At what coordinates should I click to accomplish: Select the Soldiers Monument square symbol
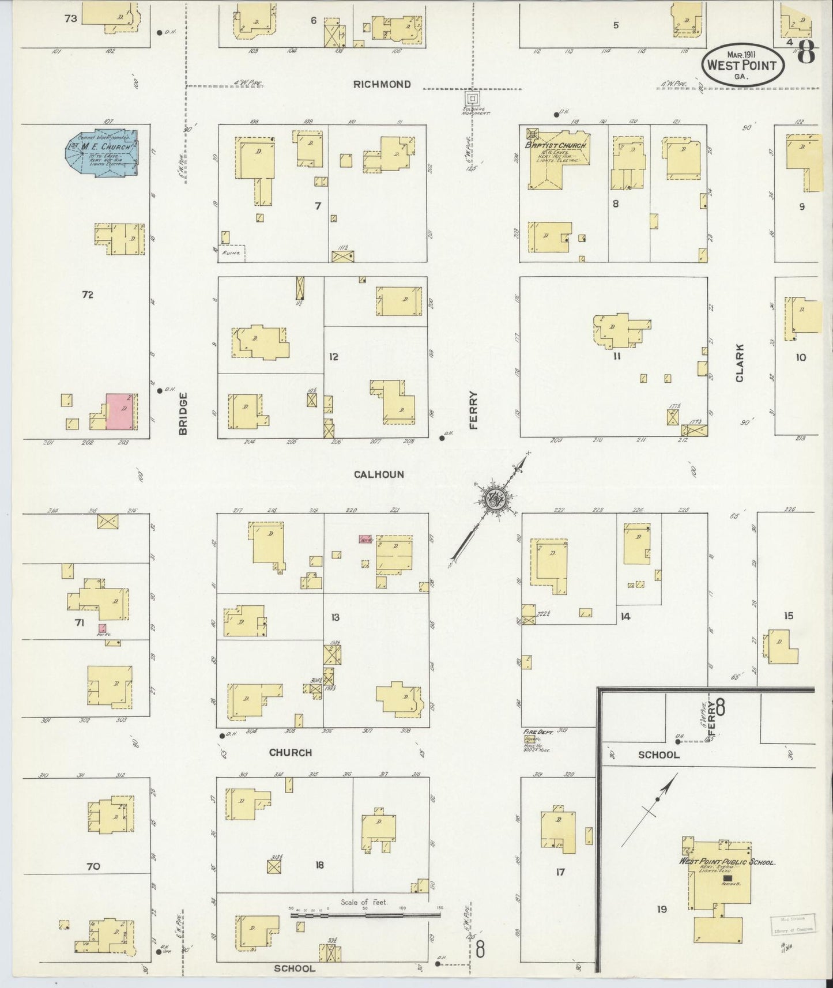pyautogui.click(x=472, y=98)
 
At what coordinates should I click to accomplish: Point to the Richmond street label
pyautogui.click(x=382, y=84)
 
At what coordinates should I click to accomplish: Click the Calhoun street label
pyautogui.click(x=379, y=474)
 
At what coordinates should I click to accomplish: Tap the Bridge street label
pyautogui.click(x=183, y=413)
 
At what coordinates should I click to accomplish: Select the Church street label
pyautogui.click(x=291, y=752)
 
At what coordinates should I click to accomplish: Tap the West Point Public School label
pyautogui.click(x=727, y=862)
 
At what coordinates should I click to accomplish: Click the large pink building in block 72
pyautogui.click(x=122, y=412)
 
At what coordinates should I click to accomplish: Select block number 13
pyautogui.click(x=335, y=617)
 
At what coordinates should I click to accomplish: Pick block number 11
pyautogui.click(x=616, y=356)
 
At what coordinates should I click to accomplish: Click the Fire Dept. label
pyautogui.click(x=538, y=731)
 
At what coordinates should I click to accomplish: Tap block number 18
pyautogui.click(x=319, y=865)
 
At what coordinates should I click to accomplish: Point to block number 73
pyautogui.click(x=70, y=18)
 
